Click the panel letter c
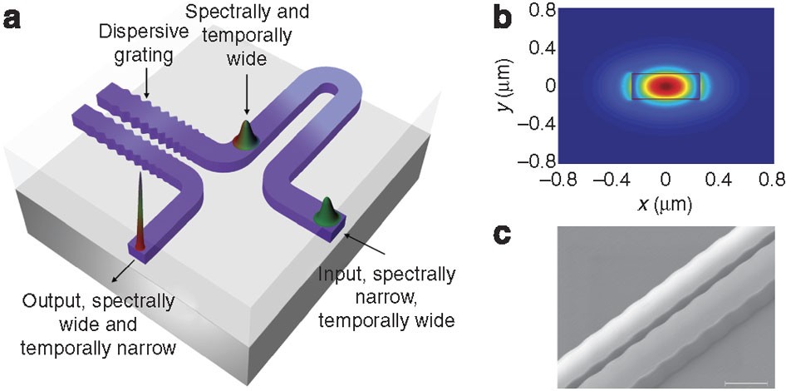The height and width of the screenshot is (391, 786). [502, 235]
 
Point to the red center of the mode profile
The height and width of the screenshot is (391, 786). [665, 85]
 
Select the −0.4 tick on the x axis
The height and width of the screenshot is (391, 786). [609, 179]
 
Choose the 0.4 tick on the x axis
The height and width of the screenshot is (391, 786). [720, 179]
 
